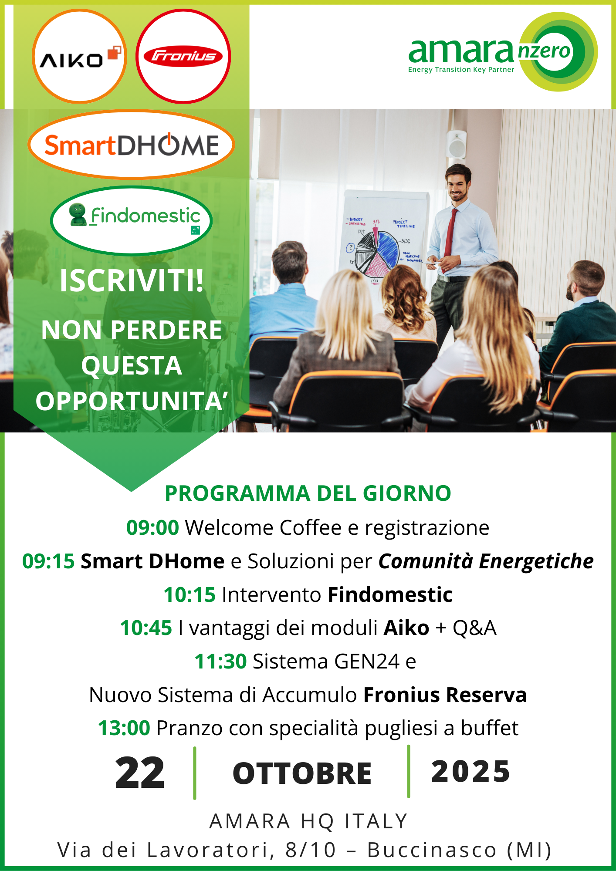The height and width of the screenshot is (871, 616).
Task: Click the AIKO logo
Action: [x=79, y=57]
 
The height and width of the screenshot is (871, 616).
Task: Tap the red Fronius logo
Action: [x=183, y=57]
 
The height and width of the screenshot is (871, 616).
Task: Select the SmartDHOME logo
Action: [x=131, y=145]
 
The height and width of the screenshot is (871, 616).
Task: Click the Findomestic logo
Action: [x=131, y=220]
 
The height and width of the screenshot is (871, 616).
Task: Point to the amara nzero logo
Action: [x=503, y=52]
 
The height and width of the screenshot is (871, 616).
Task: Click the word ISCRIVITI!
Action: [x=132, y=281]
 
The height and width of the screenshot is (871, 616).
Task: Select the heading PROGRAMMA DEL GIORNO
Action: [x=308, y=493]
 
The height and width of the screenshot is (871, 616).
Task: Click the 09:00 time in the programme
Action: [x=152, y=527]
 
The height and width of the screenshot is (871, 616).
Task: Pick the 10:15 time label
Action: [x=190, y=594]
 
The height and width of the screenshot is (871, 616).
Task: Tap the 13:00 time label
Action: [x=124, y=728]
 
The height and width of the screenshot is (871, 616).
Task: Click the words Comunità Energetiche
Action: [x=486, y=561]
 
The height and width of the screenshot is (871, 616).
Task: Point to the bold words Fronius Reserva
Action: [x=445, y=695]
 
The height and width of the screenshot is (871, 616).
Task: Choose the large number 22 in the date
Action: [x=140, y=773]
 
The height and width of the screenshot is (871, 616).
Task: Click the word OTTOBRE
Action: [x=302, y=773]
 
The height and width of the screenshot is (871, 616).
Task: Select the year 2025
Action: [x=470, y=771]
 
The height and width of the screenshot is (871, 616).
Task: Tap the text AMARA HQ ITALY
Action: [x=308, y=821]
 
